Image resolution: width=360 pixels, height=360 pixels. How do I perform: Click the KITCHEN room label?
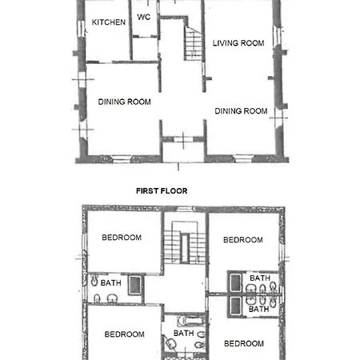tap(109, 22)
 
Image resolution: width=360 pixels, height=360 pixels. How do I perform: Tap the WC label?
tap(144, 17)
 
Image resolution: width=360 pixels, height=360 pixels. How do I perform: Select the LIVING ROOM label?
tap(238, 43)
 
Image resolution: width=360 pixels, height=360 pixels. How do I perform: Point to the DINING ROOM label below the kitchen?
tap(124, 102)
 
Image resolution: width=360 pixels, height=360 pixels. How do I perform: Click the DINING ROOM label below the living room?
tap(241, 111)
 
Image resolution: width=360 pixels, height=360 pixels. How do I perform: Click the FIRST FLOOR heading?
tap(162, 191)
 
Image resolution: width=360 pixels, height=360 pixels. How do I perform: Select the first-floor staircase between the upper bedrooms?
tap(185, 242)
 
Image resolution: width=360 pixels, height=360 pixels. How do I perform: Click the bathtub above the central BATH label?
tap(191, 321)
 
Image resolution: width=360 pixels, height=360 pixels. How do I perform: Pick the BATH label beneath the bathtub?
tap(183, 333)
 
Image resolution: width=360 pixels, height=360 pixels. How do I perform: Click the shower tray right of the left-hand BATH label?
tap(135, 285)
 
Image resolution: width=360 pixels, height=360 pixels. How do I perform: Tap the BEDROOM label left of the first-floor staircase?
tap(122, 238)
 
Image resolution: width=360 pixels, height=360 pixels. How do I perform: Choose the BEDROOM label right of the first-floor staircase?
tap(243, 240)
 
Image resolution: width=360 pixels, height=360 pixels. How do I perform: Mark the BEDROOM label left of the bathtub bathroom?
tap(124, 334)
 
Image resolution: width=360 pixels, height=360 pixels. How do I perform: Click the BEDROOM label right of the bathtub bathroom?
tap(244, 343)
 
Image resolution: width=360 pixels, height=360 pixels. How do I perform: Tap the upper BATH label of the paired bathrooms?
tap(260, 278)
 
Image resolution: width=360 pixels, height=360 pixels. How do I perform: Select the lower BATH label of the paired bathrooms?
tap(258, 309)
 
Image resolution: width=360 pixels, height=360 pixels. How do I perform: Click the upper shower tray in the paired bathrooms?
tap(235, 282)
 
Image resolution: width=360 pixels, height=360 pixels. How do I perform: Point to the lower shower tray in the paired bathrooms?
tap(235, 306)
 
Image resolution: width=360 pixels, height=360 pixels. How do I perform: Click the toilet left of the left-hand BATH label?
tap(94, 281)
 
